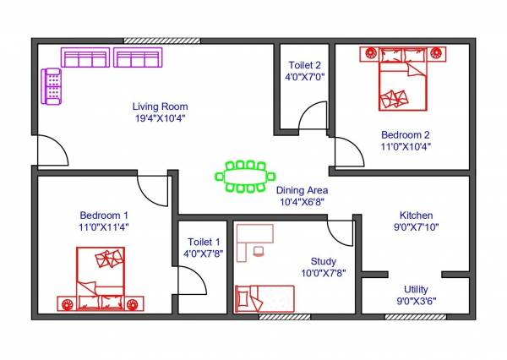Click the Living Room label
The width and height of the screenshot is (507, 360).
pos(159,106)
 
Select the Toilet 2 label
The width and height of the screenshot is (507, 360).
pos(303,63)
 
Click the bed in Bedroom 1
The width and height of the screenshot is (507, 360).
pos(101,279)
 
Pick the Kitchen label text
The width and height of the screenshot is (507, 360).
pos(417,215)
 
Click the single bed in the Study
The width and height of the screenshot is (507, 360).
pos(264,298)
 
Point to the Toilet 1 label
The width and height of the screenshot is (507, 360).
pos(204,242)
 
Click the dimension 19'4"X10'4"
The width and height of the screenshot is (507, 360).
pos(159,118)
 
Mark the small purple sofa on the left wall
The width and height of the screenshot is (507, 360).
pos(52,86)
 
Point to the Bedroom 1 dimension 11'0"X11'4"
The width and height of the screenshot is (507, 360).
pos(104,226)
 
